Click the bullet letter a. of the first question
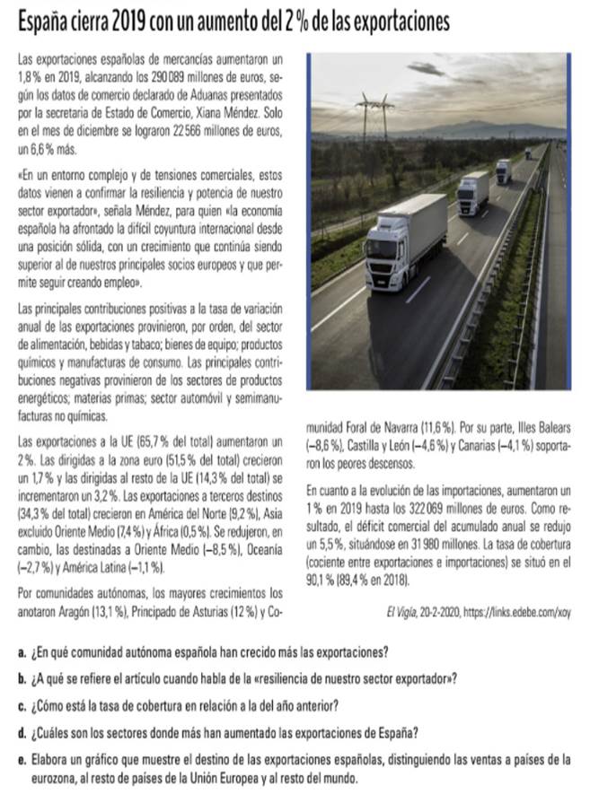(21, 650)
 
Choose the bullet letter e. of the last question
(21, 759)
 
